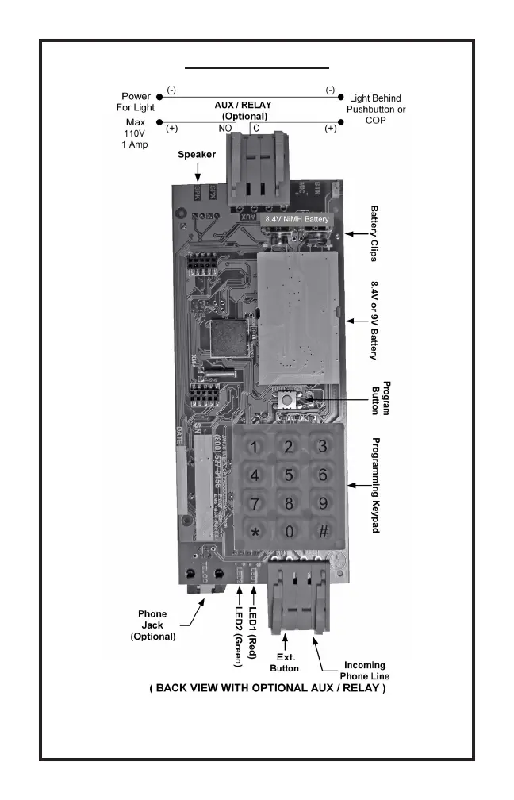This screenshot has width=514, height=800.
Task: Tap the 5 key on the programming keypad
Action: click(290, 475)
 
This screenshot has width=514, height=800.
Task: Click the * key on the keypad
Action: click(255, 531)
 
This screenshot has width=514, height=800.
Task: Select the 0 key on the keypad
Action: click(290, 531)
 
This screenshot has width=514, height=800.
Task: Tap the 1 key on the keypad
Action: click(255, 448)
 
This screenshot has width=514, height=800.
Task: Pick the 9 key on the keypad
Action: click(323, 503)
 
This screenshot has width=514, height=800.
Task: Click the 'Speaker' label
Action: click(197, 155)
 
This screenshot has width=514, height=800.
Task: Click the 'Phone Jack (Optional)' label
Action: click(152, 625)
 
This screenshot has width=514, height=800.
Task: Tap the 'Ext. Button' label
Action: click(285, 663)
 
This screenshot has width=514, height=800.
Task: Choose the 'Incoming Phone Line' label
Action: click(364, 671)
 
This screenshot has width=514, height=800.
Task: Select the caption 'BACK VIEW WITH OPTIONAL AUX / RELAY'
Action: click(267, 688)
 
